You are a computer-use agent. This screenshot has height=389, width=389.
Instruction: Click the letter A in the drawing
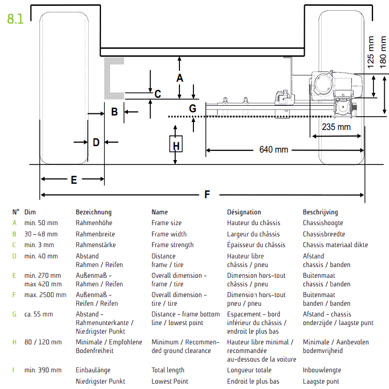pos(180,78)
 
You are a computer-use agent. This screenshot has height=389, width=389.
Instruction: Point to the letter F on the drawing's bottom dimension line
pos(208,195)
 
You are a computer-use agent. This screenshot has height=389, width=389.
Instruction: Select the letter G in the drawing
pos(193,108)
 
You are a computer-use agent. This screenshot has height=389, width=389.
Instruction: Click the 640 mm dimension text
pos(273,149)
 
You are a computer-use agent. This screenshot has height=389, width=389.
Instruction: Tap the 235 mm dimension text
pos(336,127)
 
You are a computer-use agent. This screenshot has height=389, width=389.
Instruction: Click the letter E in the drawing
pos(74,179)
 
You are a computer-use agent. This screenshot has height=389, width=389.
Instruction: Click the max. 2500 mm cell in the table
pos(45,294)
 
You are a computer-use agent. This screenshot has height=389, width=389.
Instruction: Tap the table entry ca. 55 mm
pos(39,314)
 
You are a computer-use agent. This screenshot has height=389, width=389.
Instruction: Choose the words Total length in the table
pos(168,370)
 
